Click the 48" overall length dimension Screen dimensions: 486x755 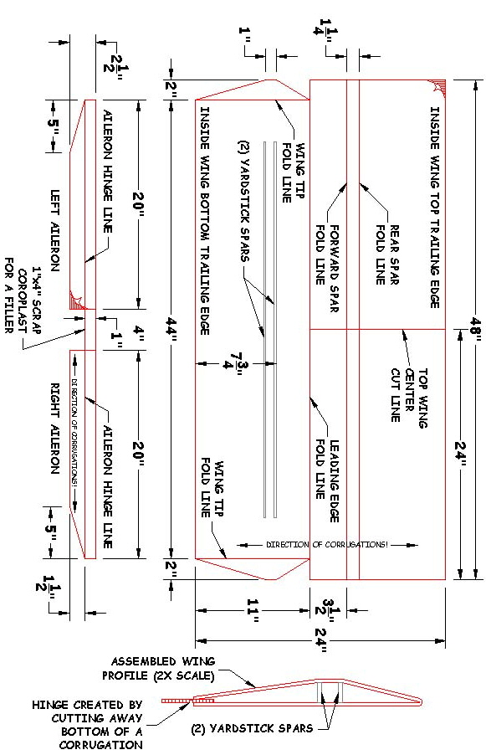coord(477,329)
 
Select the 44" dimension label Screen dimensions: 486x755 coord(171,329)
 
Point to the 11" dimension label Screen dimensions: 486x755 coord(253,610)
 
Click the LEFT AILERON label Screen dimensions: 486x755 coord(55,231)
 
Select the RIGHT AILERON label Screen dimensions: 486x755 coord(55,428)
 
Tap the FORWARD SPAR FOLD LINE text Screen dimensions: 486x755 coord(328,268)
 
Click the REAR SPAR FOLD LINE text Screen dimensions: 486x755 coord(387,254)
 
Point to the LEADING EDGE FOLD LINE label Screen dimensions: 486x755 coord(328,480)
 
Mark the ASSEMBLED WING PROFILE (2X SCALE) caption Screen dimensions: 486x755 coord(158,668)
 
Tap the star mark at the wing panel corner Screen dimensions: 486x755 coord(438,87)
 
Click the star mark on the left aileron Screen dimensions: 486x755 coord(78,301)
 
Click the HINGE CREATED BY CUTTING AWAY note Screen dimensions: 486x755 coord(88,725)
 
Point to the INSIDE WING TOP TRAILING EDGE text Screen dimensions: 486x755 coord(435,208)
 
